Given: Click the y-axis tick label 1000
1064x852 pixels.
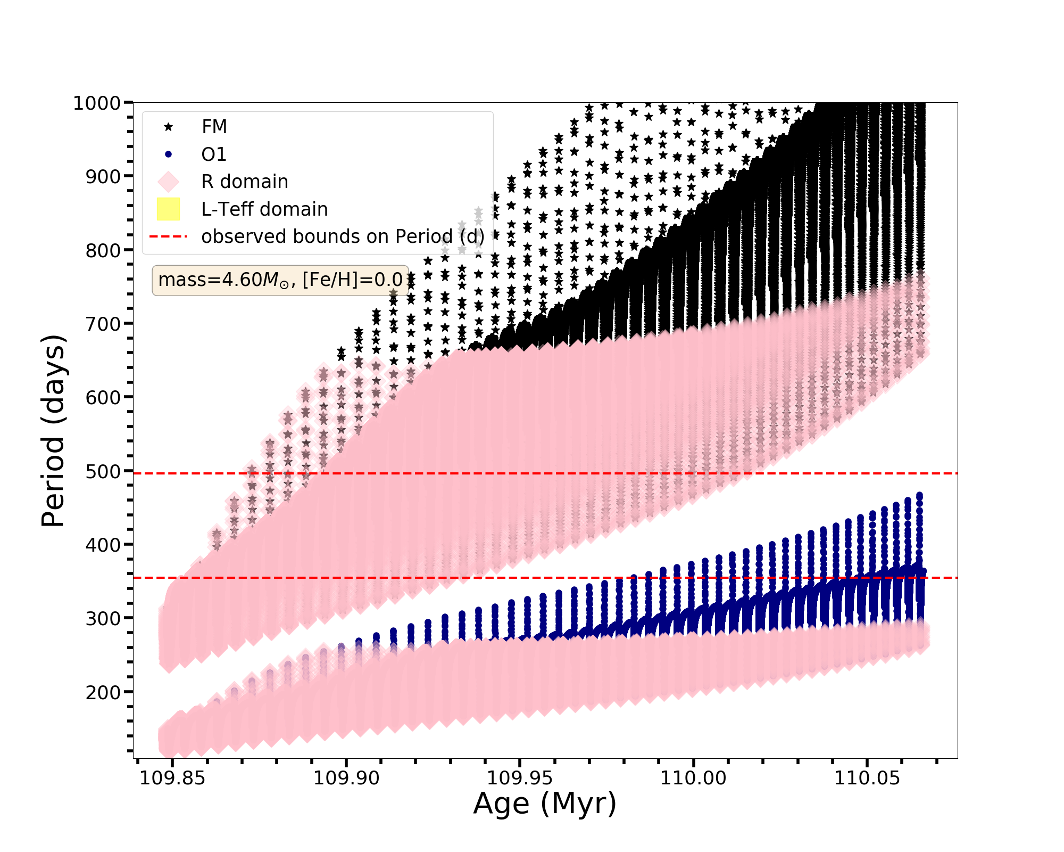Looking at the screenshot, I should pos(96,103).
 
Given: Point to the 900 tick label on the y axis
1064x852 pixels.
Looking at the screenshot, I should pos(103,177).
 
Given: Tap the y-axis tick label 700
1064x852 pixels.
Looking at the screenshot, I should pos(103,324).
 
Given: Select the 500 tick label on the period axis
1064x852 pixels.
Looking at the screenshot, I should pos(103,471).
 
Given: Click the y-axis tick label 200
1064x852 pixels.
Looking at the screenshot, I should pos(103,692).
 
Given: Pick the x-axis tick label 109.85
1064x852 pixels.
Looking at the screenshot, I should pos(172,778).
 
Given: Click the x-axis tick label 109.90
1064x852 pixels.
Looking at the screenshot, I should pos(346,778).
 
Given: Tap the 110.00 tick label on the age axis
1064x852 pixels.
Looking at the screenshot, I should pos(693,778).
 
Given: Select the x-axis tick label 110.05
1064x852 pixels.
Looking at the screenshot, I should pos(867,778).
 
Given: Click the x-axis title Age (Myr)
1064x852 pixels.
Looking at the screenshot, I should pos(545,804).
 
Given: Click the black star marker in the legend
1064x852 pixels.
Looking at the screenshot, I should pos(168,127).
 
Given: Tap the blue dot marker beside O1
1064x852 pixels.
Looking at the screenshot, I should pos(168,154).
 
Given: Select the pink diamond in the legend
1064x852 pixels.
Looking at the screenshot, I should pos(168,182).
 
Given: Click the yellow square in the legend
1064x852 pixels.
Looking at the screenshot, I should pos(168,209).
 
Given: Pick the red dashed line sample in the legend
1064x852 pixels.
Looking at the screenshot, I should pos(168,236).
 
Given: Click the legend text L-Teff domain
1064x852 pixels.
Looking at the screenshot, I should pos(264,209).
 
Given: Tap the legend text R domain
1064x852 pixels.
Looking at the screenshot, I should pos(245,182).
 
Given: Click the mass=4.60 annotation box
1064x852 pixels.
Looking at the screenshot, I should pos(280,280).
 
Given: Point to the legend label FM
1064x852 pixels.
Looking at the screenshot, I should pos(214,127).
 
